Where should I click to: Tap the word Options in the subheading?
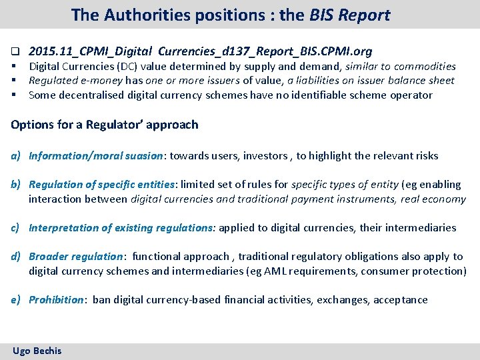click(x=33, y=125)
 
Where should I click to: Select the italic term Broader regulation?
click(x=76, y=257)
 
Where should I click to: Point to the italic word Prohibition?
click(x=57, y=300)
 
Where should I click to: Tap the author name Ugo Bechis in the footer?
click(x=37, y=351)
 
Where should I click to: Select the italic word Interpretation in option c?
click(x=64, y=228)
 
